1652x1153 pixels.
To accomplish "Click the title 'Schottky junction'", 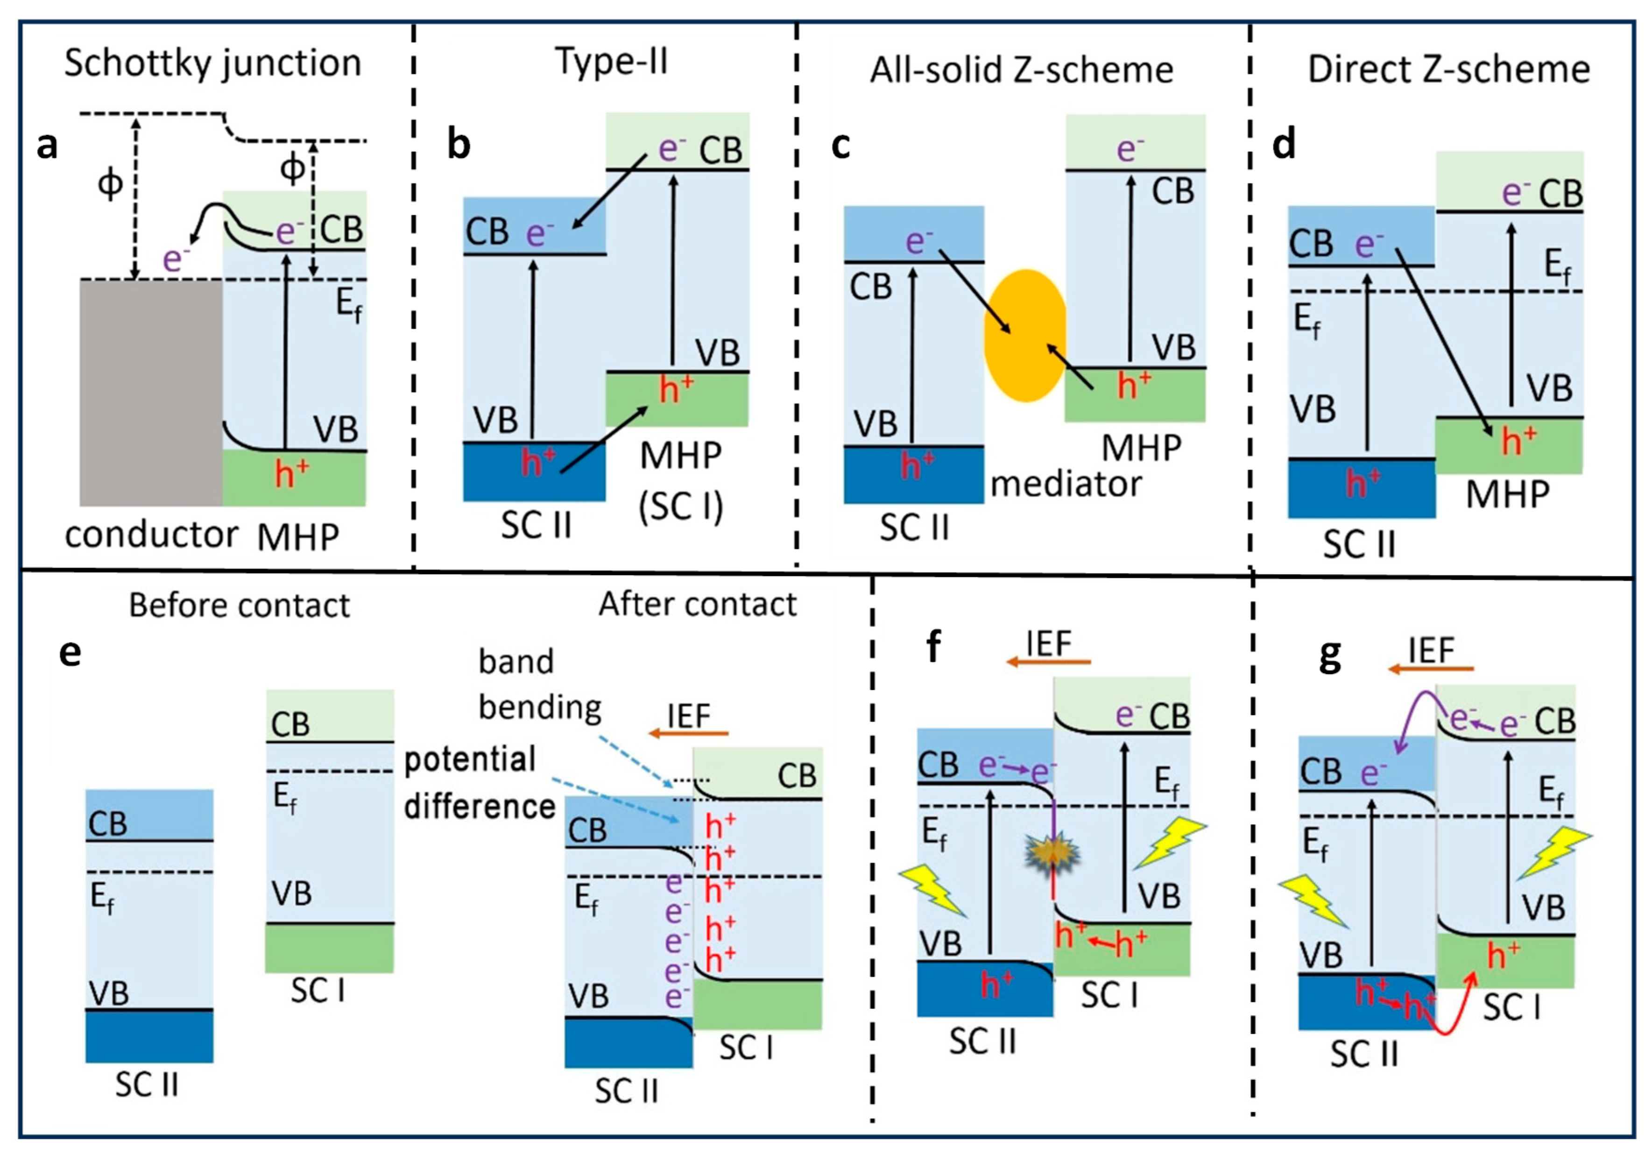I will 212,64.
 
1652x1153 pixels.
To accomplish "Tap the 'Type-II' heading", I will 612,61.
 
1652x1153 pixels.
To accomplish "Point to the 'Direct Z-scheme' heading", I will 1448,70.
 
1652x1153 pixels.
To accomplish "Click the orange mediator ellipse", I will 1024,335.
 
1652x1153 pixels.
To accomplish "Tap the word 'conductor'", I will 151,535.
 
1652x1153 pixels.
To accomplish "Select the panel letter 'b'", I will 459,145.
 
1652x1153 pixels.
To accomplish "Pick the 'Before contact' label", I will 239,605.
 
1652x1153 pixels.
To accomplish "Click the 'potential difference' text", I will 479,782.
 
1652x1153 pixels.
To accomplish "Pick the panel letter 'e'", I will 70,653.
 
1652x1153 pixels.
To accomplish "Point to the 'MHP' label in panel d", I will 1507,495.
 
